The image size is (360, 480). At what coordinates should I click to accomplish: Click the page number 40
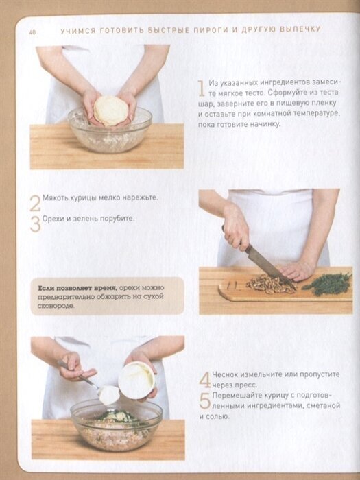point(32,32)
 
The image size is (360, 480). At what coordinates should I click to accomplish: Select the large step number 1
point(201,88)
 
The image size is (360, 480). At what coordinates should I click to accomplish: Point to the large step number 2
point(35,203)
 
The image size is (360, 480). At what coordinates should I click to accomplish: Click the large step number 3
point(35,224)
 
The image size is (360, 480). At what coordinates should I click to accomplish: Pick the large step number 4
point(204,380)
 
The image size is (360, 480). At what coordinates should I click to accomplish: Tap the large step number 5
point(204,400)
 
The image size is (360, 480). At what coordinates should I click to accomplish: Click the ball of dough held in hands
point(110,110)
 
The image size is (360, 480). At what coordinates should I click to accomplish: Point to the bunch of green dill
point(327,284)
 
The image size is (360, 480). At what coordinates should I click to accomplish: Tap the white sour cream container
point(137,380)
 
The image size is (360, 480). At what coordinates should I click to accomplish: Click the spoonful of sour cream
point(109,394)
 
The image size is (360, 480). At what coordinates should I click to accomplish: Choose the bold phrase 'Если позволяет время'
point(77,288)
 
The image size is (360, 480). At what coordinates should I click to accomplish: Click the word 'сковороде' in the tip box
point(56,306)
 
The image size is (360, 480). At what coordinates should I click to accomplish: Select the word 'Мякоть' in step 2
point(54,197)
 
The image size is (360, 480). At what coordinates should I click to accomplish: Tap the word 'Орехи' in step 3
point(52,219)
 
